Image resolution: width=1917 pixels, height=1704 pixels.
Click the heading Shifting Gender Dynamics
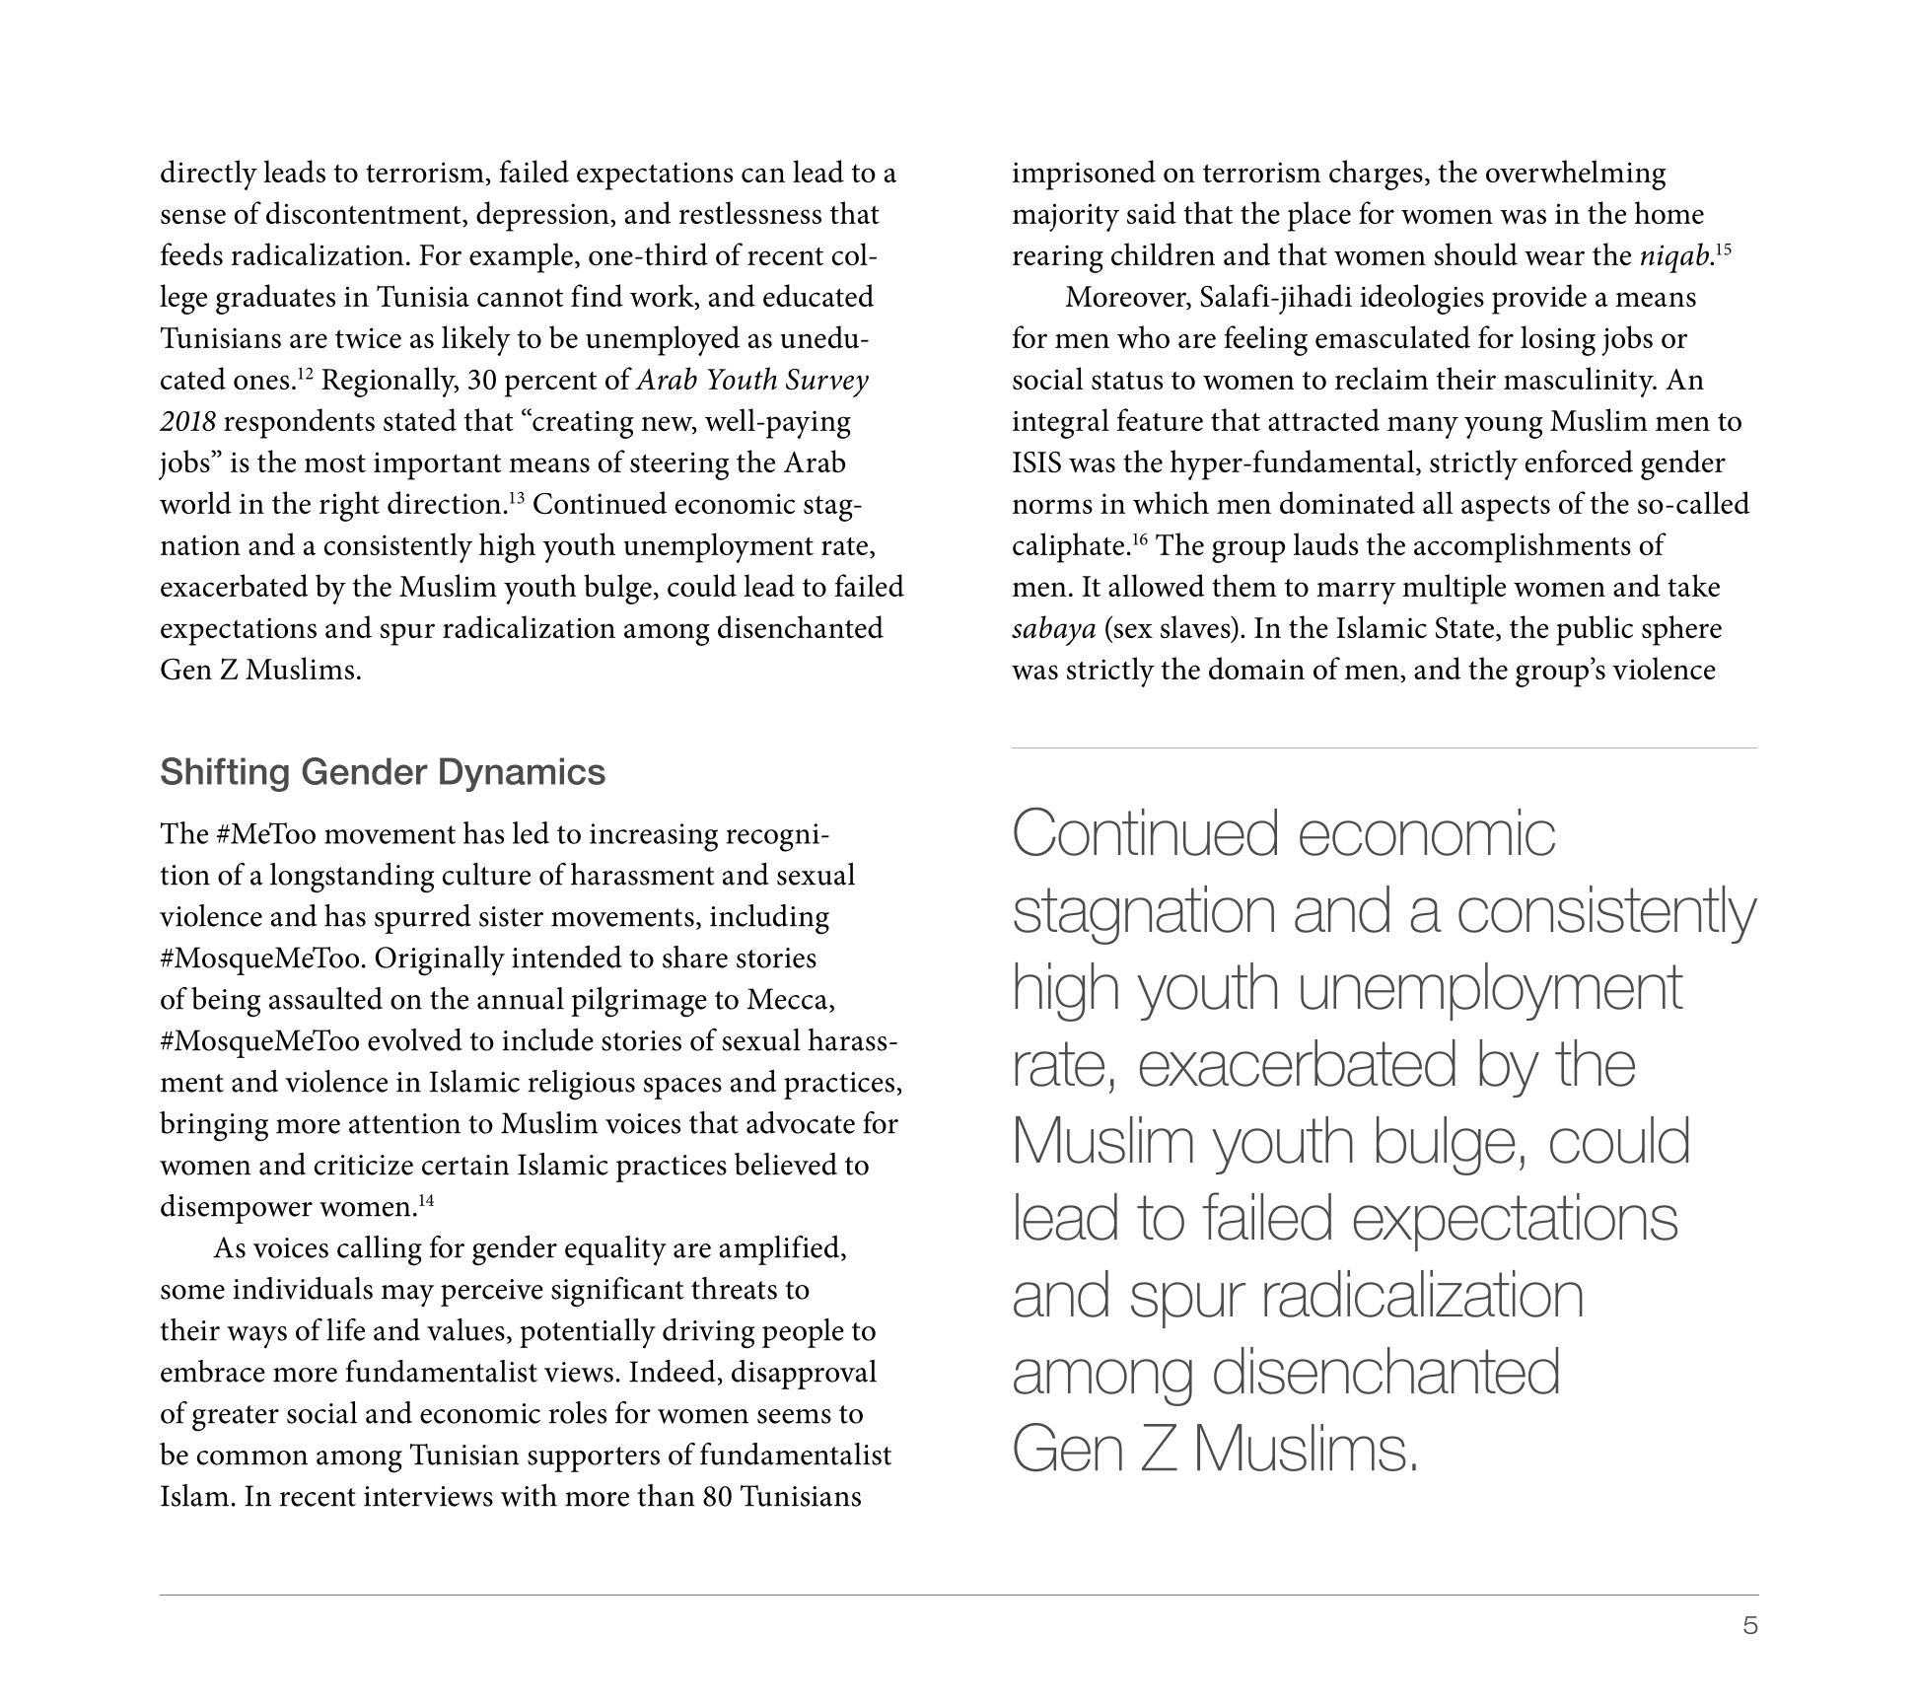(383, 772)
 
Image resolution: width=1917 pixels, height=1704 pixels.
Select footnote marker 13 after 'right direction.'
(515, 497)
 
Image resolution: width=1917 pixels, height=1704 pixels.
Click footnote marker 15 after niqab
(1723, 248)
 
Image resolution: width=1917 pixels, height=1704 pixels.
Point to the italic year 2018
(187, 422)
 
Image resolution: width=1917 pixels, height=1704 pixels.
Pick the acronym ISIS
(1036, 463)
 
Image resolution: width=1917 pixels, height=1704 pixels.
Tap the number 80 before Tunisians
(717, 1497)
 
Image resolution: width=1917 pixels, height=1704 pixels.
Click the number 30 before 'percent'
(483, 381)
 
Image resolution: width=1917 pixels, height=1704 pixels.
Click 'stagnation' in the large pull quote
(1144, 912)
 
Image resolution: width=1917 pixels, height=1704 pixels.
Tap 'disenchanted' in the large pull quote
(1385, 1373)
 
